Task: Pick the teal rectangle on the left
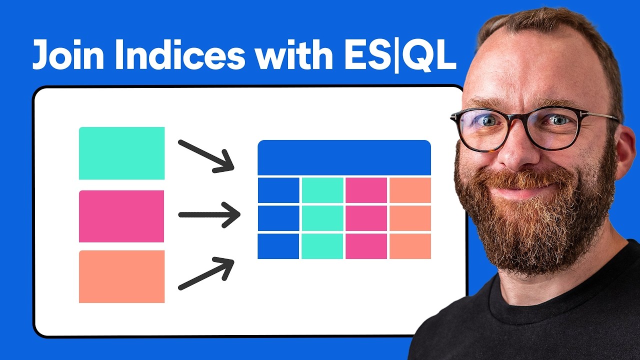[121, 153]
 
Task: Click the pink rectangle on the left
[121, 216]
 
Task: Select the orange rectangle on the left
[121, 276]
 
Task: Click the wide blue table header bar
[344, 157]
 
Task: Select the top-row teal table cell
[322, 190]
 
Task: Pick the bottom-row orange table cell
[410, 246]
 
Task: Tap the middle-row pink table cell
[366, 218]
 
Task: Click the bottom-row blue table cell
[278, 246]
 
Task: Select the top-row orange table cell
[410, 190]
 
